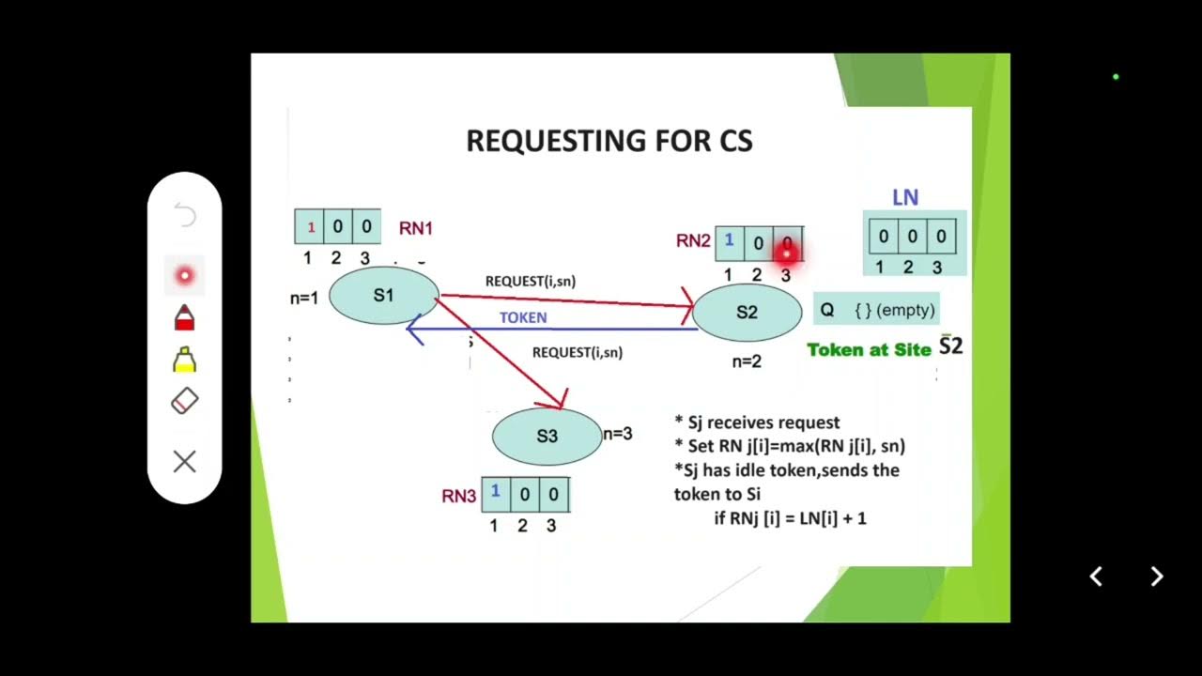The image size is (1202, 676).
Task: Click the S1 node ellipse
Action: tap(383, 296)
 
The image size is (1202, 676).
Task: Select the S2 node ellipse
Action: tap(747, 313)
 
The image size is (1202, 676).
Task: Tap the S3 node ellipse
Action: tap(547, 437)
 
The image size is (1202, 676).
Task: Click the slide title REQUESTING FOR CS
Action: tap(609, 141)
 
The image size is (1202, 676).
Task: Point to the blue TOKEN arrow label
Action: tap(523, 318)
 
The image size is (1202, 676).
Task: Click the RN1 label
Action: tap(416, 228)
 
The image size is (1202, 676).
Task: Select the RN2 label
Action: tap(693, 241)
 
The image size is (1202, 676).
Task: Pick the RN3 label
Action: tap(459, 497)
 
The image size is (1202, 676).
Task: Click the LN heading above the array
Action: tap(905, 198)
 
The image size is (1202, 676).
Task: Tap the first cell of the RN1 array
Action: tap(310, 227)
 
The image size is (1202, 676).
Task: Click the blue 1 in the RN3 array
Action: tap(495, 492)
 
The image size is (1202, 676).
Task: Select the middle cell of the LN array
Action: tap(911, 238)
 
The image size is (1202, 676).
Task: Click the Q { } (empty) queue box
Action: tap(876, 310)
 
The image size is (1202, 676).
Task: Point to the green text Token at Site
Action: tap(869, 350)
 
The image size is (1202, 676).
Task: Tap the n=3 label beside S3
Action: tap(617, 434)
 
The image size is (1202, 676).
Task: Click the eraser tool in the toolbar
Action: tap(184, 402)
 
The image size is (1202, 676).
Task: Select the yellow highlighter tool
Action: tap(184, 360)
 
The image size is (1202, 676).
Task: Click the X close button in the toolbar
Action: tap(184, 462)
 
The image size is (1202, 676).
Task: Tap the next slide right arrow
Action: tap(1157, 576)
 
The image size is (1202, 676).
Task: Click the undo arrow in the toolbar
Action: tap(185, 217)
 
